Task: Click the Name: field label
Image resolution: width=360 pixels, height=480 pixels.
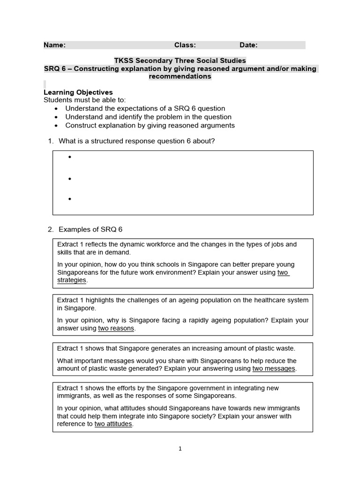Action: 54,45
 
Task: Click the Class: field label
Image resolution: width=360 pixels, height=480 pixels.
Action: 185,45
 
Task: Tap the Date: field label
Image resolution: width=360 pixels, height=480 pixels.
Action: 248,45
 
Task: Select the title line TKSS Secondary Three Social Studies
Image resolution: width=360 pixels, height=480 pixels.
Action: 180,61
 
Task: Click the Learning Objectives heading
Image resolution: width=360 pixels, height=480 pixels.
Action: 78,92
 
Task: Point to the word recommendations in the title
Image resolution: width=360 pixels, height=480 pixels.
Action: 180,76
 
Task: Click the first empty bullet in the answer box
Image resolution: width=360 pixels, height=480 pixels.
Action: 70,157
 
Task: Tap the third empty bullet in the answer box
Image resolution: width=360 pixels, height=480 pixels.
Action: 70,199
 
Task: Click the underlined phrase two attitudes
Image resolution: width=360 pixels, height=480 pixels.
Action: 113,424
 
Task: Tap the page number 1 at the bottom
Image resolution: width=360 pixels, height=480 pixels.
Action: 180,449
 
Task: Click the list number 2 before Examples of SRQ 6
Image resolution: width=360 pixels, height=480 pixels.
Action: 50,229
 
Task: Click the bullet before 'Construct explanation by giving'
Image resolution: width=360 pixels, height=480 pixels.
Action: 56,126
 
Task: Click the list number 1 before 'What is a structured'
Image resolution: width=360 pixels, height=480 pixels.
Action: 50,141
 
